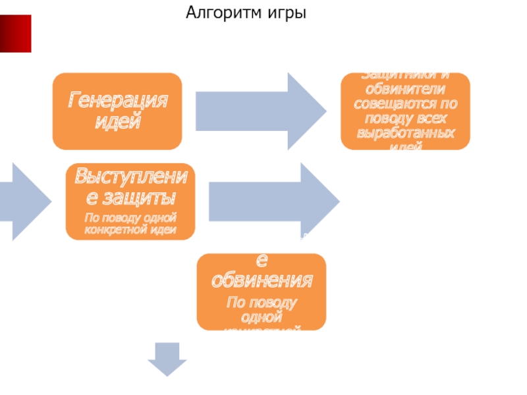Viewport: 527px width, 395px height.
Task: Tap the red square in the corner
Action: (x=15, y=34)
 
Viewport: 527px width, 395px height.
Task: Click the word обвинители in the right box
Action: (x=405, y=90)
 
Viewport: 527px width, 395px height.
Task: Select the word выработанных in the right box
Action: (x=405, y=133)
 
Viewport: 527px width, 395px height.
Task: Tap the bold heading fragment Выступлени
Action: (x=130, y=176)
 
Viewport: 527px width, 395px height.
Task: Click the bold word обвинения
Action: (x=261, y=280)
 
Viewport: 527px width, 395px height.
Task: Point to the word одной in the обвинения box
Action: (x=261, y=317)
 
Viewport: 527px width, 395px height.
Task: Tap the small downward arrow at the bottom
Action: (x=167, y=358)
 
